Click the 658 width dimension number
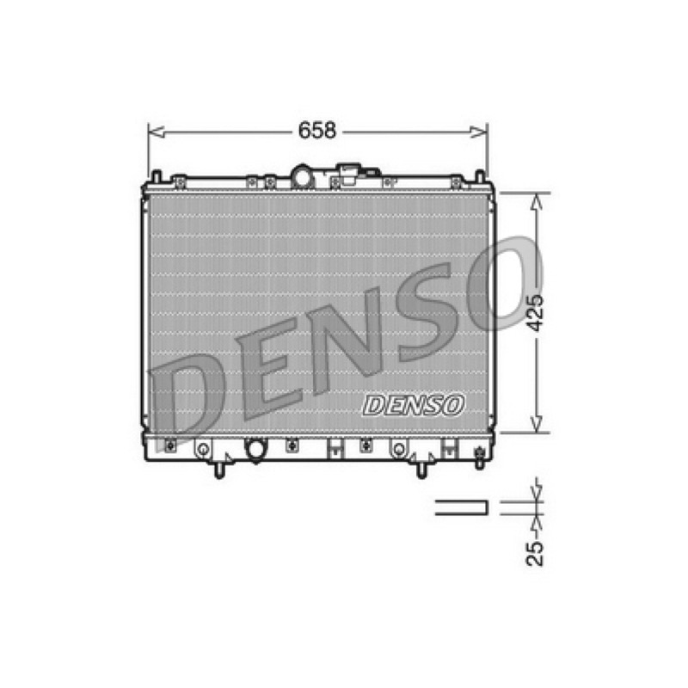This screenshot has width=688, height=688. pyautogui.click(x=316, y=131)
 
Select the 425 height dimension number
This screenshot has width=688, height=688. pyautogui.click(x=535, y=313)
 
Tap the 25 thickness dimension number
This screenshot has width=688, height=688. pyautogui.click(x=535, y=553)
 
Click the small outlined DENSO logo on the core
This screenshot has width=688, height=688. pyautogui.click(x=414, y=405)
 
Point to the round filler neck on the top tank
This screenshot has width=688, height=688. pyautogui.click(x=303, y=177)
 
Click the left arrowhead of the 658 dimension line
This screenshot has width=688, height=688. pyautogui.click(x=157, y=132)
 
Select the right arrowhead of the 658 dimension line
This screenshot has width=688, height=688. pyautogui.click(x=479, y=132)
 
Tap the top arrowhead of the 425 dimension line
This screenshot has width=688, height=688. pyautogui.click(x=536, y=201)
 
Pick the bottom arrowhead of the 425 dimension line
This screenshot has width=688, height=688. pyautogui.click(x=536, y=424)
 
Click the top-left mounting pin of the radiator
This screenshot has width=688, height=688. pyautogui.click(x=156, y=177)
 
